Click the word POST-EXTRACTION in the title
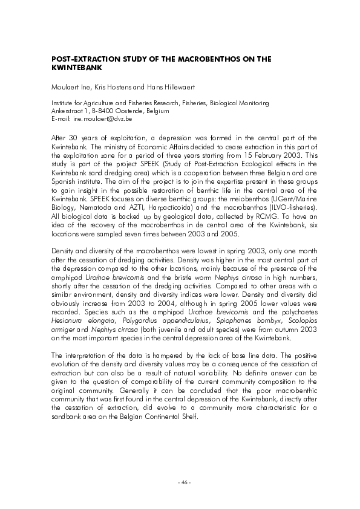pyautogui.click(x=83, y=59)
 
